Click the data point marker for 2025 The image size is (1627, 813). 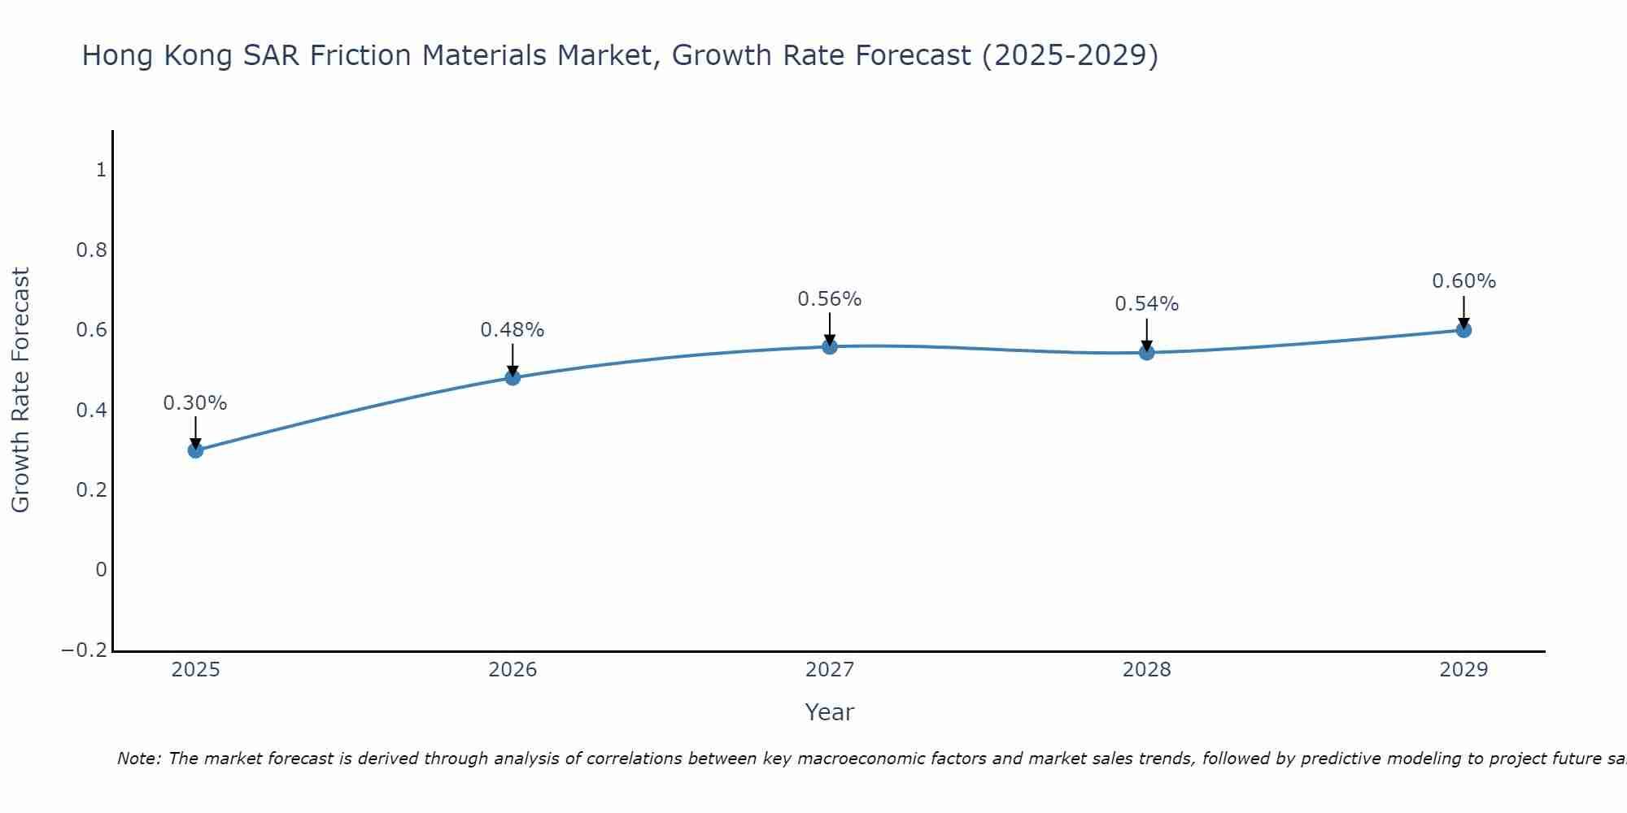pyautogui.click(x=195, y=450)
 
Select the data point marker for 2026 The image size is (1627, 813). pyautogui.click(x=513, y=377)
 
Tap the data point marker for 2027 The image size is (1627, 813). pyautogui.click(x=830, y=346)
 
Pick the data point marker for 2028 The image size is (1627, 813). pyautogui.click(x=1147, y=352)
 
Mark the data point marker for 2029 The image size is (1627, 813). pyautogui.click(x=1463, y=329)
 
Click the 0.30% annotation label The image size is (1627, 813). pyautogui.click(x=195, y=403)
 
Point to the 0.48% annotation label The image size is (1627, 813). pyautogui.click(x=513, y=330)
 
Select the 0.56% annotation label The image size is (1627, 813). pyautogui.click(x=830, y=299)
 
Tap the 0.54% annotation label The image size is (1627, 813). pyautogui.click(x=1147, y=304)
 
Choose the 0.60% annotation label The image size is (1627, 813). pyautogui.click(x=1463, y=281)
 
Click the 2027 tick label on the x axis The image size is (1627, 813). pyautogui.click(x=830, y=670)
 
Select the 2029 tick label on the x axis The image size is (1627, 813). pyautogui.click(x=1463, y=670)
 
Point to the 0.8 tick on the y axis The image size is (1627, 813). pyautogui.click(x=92, y=250)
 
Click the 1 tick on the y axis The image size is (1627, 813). pyautogui.click(x=101, y=170)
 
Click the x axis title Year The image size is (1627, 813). pyautogui.click(x=830, y=712)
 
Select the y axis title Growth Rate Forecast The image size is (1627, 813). pyautogui.click(x=20, y=390)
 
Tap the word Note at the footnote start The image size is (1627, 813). pyautogui.click(x=139, y=759)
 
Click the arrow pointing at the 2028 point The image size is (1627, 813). pyautogui.click(x=1147, y=333)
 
